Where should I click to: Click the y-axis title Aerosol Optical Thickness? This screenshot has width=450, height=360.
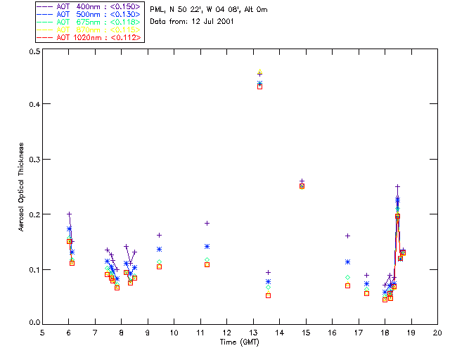[21, 187]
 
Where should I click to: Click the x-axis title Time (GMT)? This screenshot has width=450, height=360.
[239, 341]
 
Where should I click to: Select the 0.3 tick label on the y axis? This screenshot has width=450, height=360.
[33, 160]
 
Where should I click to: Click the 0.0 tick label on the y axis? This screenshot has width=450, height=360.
[33, 323]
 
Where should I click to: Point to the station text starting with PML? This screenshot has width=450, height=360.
[209, 10]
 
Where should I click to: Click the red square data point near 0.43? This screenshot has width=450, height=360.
[260, 86]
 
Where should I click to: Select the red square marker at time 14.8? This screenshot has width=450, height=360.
[302, 186]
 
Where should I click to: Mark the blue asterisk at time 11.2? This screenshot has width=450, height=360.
[207, 246]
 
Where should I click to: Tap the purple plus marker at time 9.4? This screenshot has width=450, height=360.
[159, 235]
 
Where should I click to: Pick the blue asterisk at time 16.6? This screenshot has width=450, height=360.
[347, 262]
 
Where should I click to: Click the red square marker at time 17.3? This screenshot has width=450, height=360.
[366, 293]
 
